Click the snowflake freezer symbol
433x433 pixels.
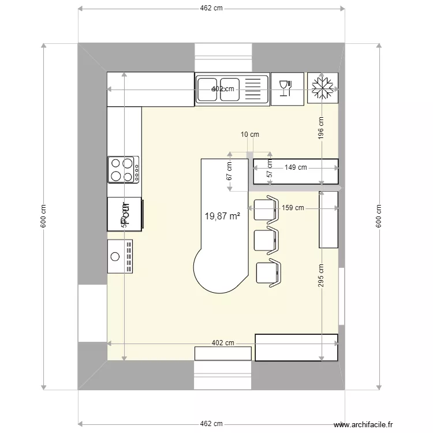(x=323, y=88)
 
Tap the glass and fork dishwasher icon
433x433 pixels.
(x=287, y=88)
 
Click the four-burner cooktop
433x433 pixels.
(x=124, y=170)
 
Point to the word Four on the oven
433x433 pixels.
(x=124, y=214)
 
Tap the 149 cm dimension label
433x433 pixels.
(x=296, y=167)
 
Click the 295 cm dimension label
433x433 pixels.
(x=321, y=276)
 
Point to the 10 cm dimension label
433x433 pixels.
(x=249, y=135)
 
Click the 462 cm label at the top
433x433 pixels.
(x=211, y=9)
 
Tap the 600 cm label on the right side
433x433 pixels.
(x=379, y=216)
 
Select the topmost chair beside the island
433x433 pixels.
(x=266, y=208)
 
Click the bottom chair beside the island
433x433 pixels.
(x=270, y=273)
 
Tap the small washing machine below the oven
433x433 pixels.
(x=121, y=256)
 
